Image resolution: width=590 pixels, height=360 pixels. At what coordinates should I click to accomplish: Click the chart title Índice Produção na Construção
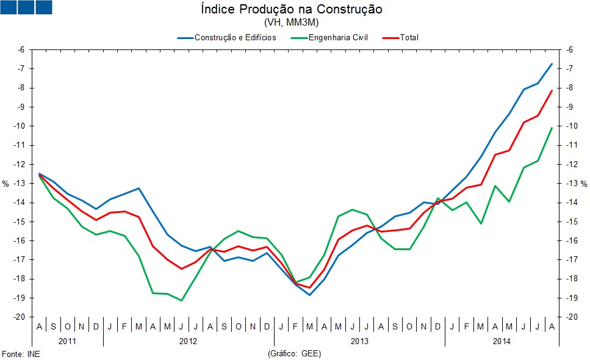click(291, 10)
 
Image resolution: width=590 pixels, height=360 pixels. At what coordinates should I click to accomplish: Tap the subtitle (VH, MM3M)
click(291, 23)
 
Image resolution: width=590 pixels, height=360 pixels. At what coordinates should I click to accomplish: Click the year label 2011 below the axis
click(68, 340)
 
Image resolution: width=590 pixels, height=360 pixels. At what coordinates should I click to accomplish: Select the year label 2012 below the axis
click(189, 340)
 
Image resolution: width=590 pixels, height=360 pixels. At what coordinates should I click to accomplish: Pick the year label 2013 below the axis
click(359, 340)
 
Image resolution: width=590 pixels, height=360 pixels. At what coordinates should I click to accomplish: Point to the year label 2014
click(502, 340)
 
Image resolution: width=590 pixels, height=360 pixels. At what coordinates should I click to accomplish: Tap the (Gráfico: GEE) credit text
click(294, 354)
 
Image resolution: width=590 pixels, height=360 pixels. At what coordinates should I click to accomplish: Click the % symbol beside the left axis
click(5, 184)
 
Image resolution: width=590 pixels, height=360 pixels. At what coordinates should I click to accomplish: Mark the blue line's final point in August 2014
click(552, 63)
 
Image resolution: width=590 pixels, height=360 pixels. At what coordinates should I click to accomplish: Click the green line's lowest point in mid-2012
click(181, 300)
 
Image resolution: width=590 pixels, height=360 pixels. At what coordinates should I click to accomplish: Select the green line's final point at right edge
click(552, 128)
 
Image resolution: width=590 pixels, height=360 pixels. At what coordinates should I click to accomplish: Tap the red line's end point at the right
click(552, 90)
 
